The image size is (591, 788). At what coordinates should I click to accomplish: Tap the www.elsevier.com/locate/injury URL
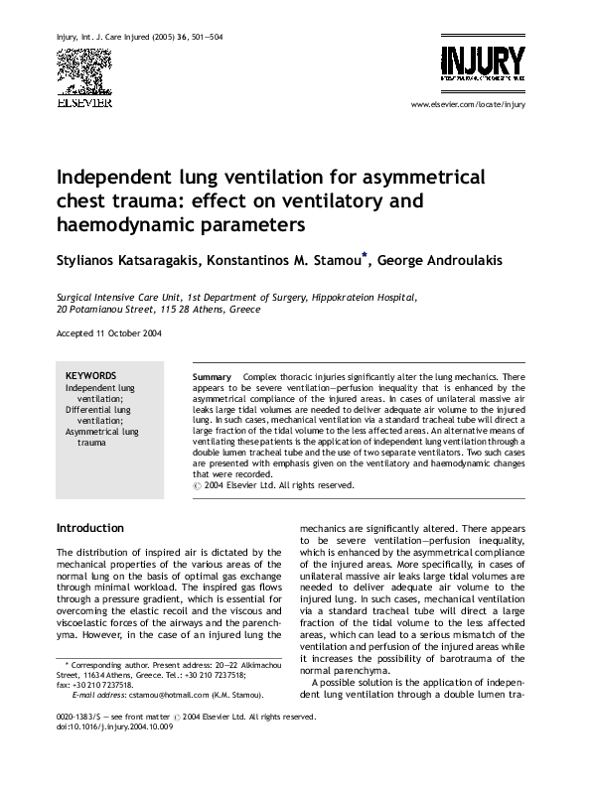pyautogui.click(x=466, y=104)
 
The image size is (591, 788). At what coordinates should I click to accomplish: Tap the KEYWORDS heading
pyautogui.click(x=90, y=376)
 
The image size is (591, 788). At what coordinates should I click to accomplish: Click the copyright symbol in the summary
pyautogui.click(x=196, y=485)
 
